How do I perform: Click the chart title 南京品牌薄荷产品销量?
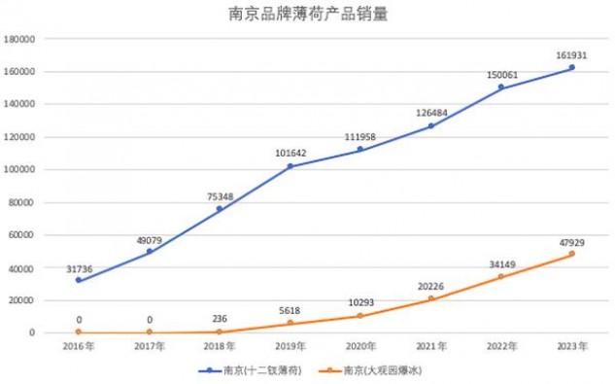pos(308,15)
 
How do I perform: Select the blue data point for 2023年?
pos(572,67)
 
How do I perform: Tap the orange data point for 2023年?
pos(572,254)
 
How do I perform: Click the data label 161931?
pos(571,55)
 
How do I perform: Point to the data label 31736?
pos(80,269)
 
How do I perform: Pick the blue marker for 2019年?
pos(290,166)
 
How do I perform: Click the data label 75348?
pos(220,196)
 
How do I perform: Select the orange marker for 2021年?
pos(431,298)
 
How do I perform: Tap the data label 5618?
pos(290,310)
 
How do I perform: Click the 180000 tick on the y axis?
pos(19,39)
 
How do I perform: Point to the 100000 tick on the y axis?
pos(19,169)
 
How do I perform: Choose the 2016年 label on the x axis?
pos(79,346)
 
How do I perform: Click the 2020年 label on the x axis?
pos(360,346)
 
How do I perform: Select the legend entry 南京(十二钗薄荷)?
pos(251,370)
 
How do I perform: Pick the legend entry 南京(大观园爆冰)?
pos(370,370)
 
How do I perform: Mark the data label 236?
pos(220,319)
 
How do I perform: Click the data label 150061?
pos(502,75)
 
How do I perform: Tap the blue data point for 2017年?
pos(149,251)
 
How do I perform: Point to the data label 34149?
pos(502,264)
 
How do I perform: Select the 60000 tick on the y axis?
pos(21,235)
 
